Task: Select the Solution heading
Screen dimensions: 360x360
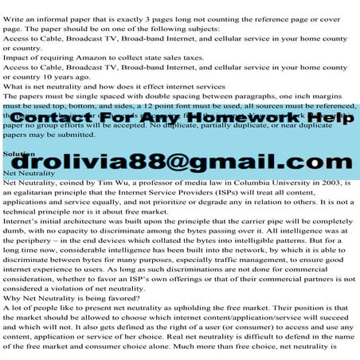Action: pyautogui.click(x=19, y=153)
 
